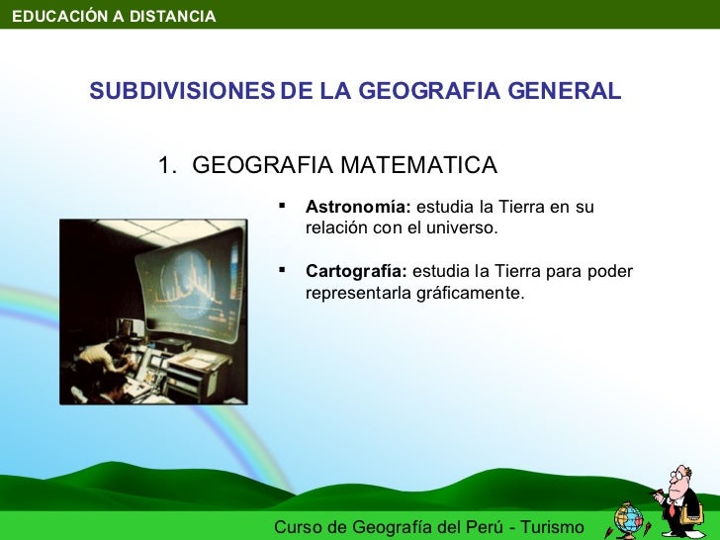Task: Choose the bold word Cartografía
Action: tap(356, 271)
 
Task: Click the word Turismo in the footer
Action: tap(549, 527)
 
